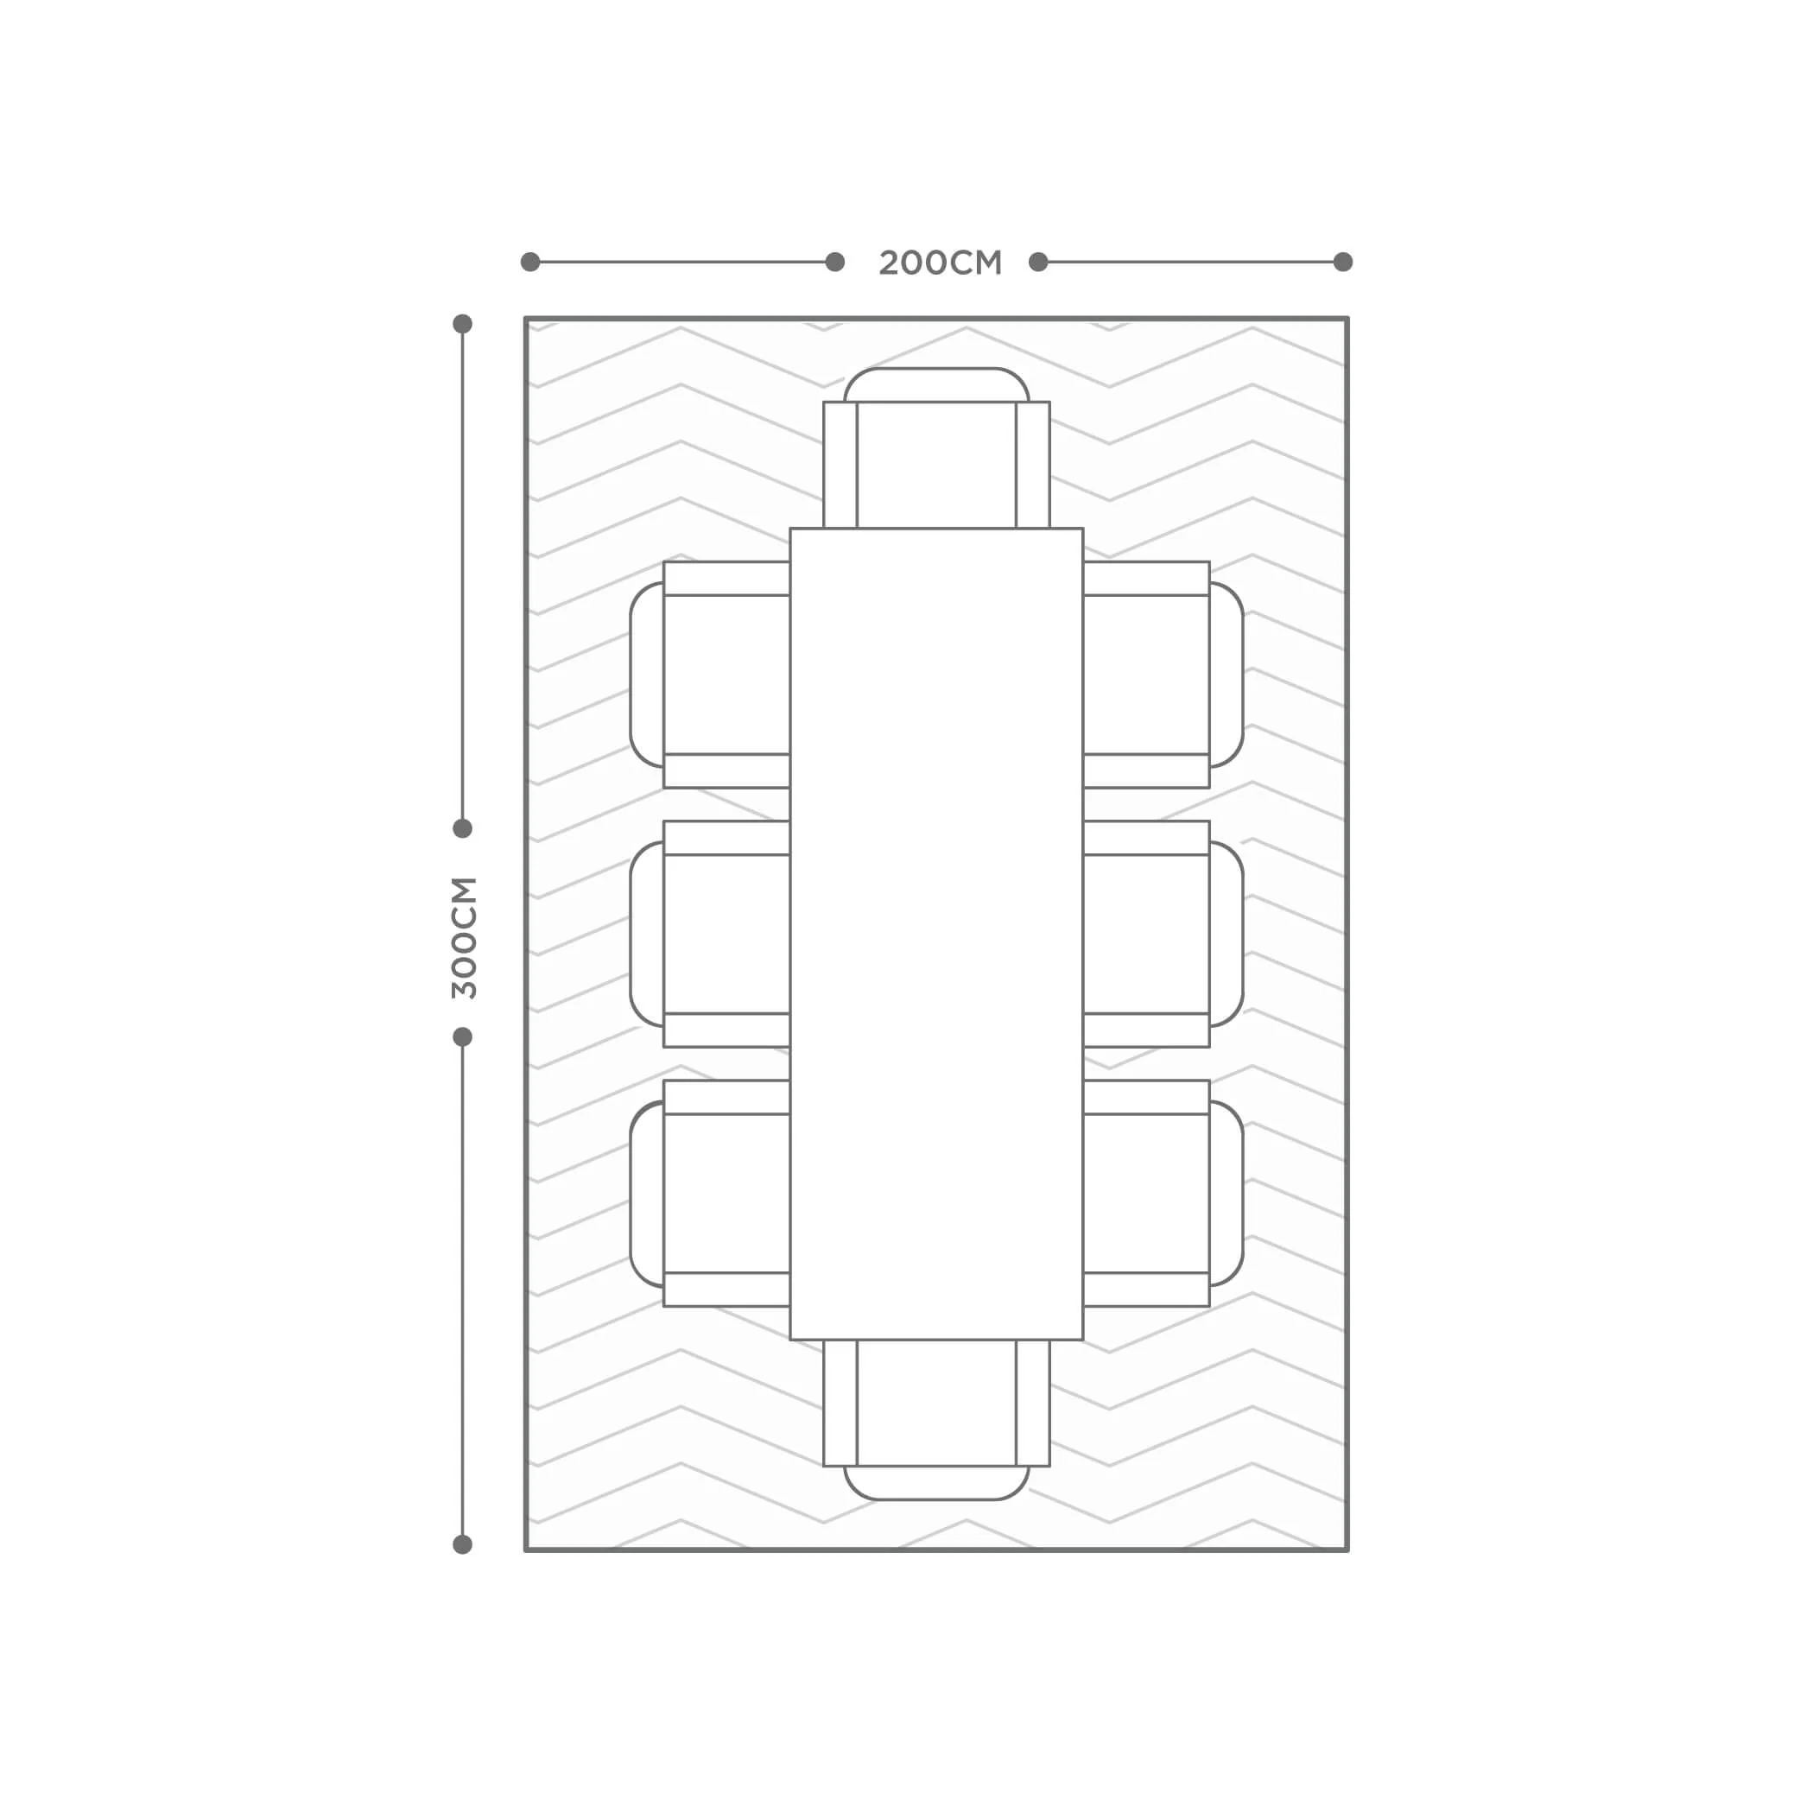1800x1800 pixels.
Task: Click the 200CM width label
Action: (x=940, y=263)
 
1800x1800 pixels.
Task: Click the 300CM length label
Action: (x=464, y=937)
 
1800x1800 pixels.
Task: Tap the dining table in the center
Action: (x=936, y=934)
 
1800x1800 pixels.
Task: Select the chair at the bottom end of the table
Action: (x=936, y=1419)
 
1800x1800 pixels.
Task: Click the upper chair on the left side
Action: (x=710, y=675)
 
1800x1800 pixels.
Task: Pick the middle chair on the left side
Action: (x=710, y=934)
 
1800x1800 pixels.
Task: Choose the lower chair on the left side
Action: (x=710, y=1194)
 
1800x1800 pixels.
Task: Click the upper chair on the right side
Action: (x=1163, y=675)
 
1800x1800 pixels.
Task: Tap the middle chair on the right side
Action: (x=1163, y=934)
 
